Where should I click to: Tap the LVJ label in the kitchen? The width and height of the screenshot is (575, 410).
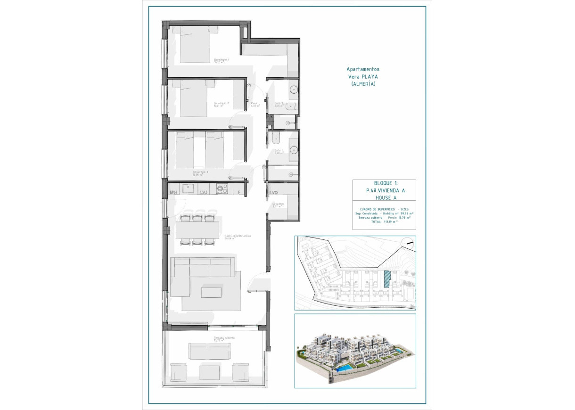coord(204,193)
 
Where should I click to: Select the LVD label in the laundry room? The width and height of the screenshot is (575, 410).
coord(274,193)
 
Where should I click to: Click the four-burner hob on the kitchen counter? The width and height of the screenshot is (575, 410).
coord(222,189)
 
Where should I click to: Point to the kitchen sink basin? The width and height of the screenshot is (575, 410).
coord(189,188)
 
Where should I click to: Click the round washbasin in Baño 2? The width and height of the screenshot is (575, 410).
coord(293,89)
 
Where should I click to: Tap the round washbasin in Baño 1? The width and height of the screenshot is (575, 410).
coord(293,150)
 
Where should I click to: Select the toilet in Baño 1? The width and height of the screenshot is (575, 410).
coord(276,137)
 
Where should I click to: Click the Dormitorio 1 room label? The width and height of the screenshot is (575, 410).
coord(222,60)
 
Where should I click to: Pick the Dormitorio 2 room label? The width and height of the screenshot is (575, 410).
coord(222,104)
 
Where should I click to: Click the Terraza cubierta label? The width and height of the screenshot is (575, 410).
coord(224,338)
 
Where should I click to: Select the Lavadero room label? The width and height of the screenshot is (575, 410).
coord(278,205)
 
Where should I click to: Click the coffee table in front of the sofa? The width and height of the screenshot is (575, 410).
coord(212,293)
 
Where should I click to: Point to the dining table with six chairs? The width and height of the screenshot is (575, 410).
coord(197,230)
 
